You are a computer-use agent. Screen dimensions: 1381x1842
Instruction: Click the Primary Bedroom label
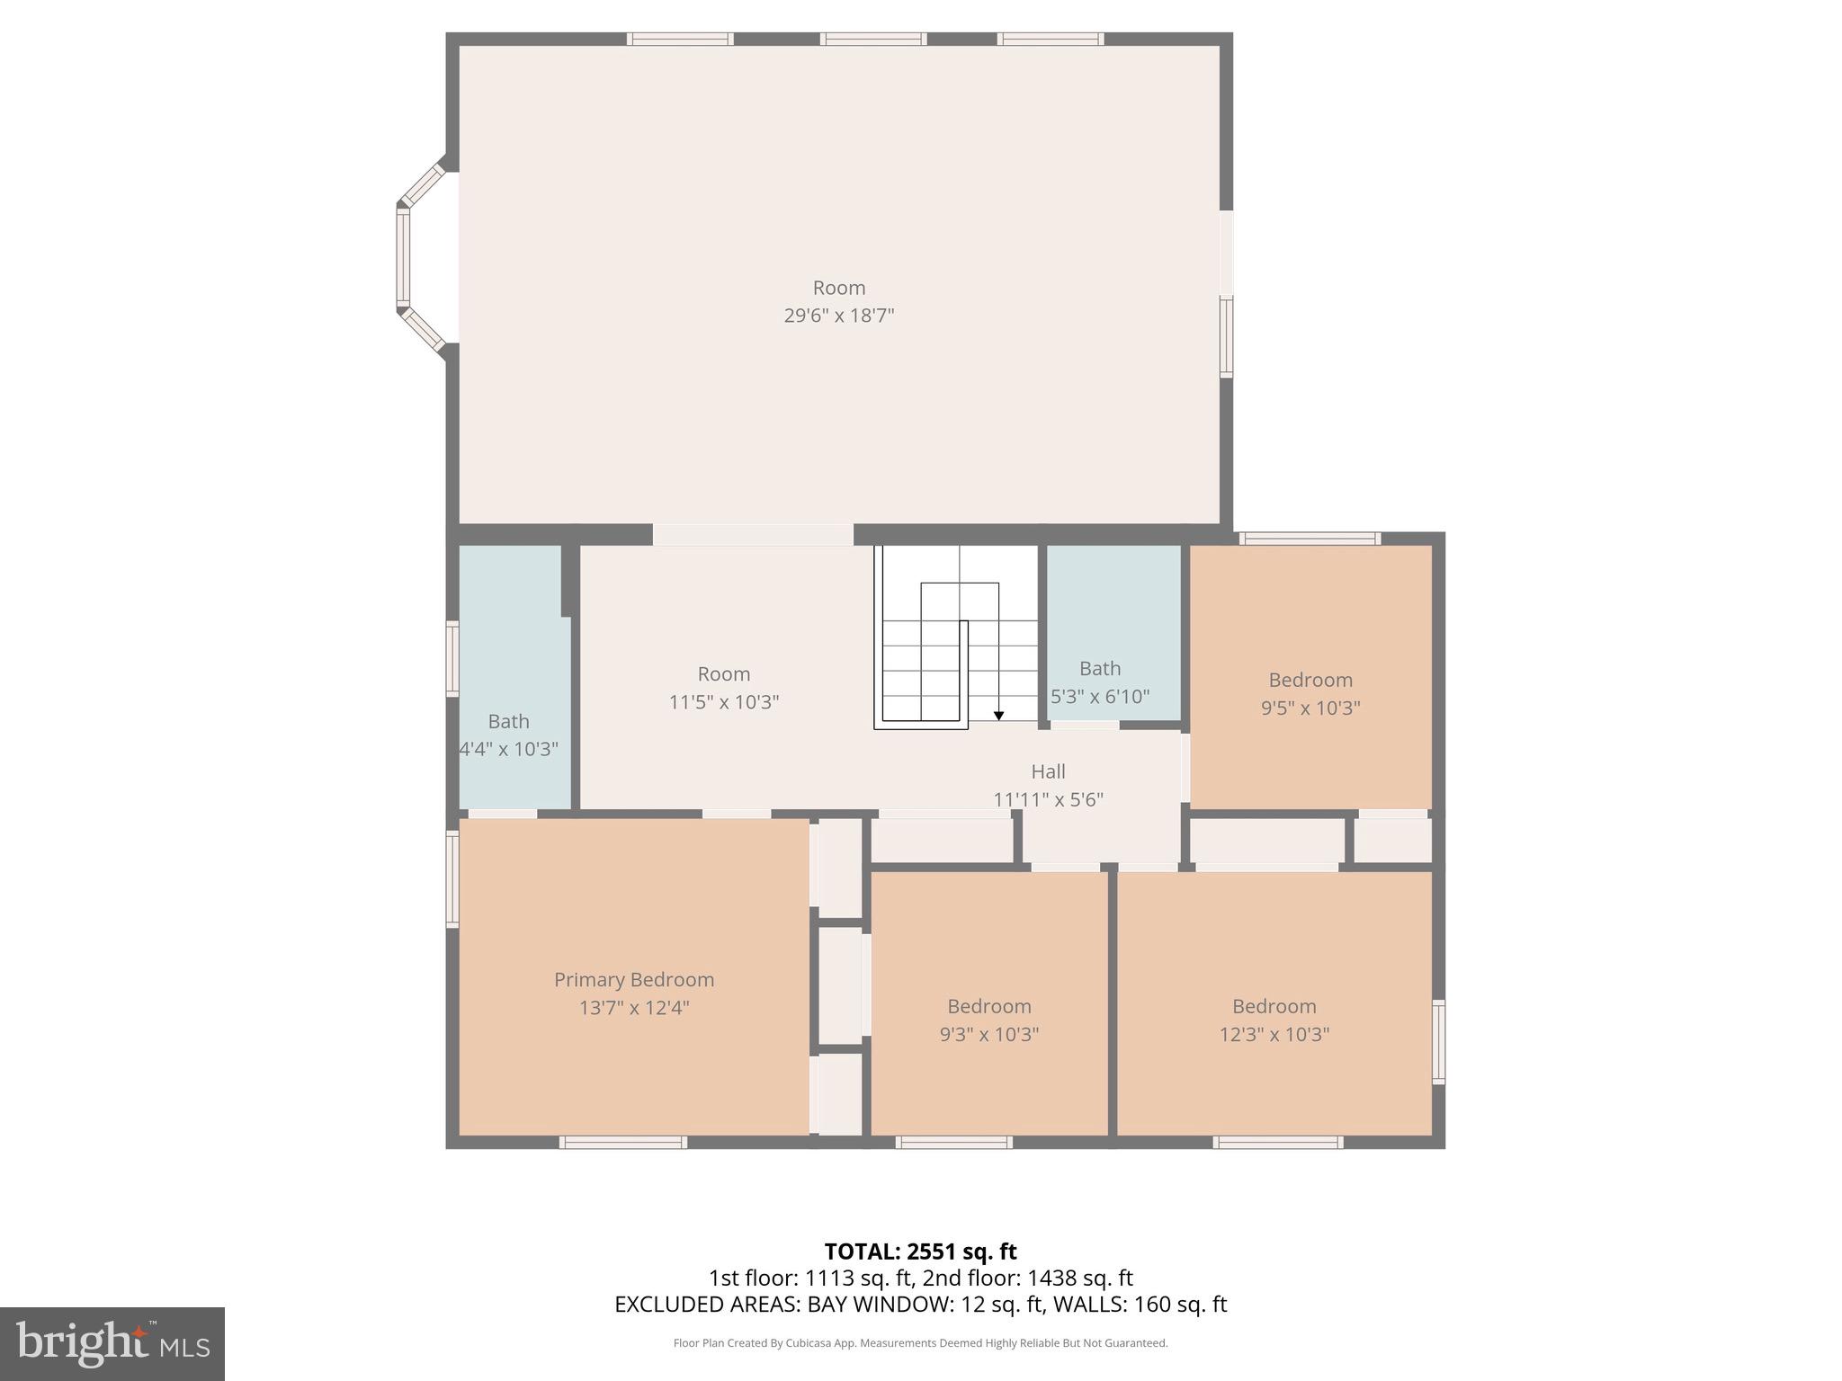point(634,979)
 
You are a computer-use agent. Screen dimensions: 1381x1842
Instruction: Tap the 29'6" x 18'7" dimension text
point(839,316)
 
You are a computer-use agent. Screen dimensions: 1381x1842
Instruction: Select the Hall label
point(1048,771)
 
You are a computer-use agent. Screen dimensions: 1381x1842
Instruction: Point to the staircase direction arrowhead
point(998,716)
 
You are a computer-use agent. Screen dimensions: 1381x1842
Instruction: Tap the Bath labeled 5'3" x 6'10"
point(1100,682)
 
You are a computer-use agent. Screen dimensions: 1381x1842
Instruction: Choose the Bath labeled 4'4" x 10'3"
point(509,735)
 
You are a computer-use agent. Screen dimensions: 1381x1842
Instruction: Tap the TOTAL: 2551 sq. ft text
point(920,1252)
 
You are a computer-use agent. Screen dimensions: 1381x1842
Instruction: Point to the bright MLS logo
point(112,1344)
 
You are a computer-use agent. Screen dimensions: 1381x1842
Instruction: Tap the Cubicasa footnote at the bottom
point(920,1343)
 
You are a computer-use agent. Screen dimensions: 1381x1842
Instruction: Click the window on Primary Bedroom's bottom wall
point(622,1142)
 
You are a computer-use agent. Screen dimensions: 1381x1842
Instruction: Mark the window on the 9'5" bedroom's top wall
point(1310,539)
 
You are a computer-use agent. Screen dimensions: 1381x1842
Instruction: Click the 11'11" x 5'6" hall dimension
point(1048,799)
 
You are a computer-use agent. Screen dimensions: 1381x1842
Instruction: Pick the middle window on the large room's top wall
point(872,39)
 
